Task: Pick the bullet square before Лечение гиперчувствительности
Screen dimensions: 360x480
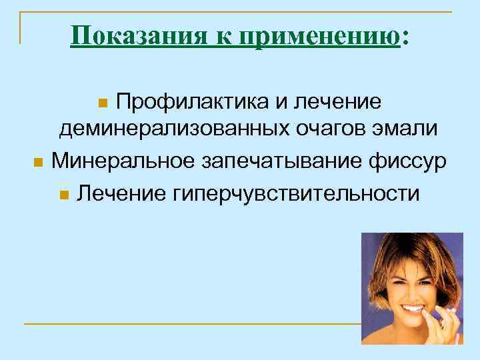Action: [63, 195]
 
